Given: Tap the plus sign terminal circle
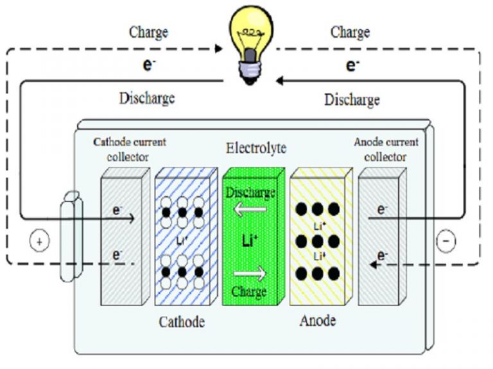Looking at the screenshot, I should point(39,242).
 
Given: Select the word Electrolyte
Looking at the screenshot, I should point(255,149).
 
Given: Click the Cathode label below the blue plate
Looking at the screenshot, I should point(182,322).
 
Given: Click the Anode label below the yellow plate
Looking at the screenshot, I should point(318,320).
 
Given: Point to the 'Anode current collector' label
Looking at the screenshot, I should point(386,148).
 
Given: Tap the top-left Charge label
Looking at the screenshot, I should point(149,31).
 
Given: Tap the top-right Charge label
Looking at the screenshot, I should point(350,31).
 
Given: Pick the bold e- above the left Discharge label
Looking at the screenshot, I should point(149,64).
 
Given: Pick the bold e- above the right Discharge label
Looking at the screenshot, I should point(352,65).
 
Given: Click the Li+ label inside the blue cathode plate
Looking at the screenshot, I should point(182,242).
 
